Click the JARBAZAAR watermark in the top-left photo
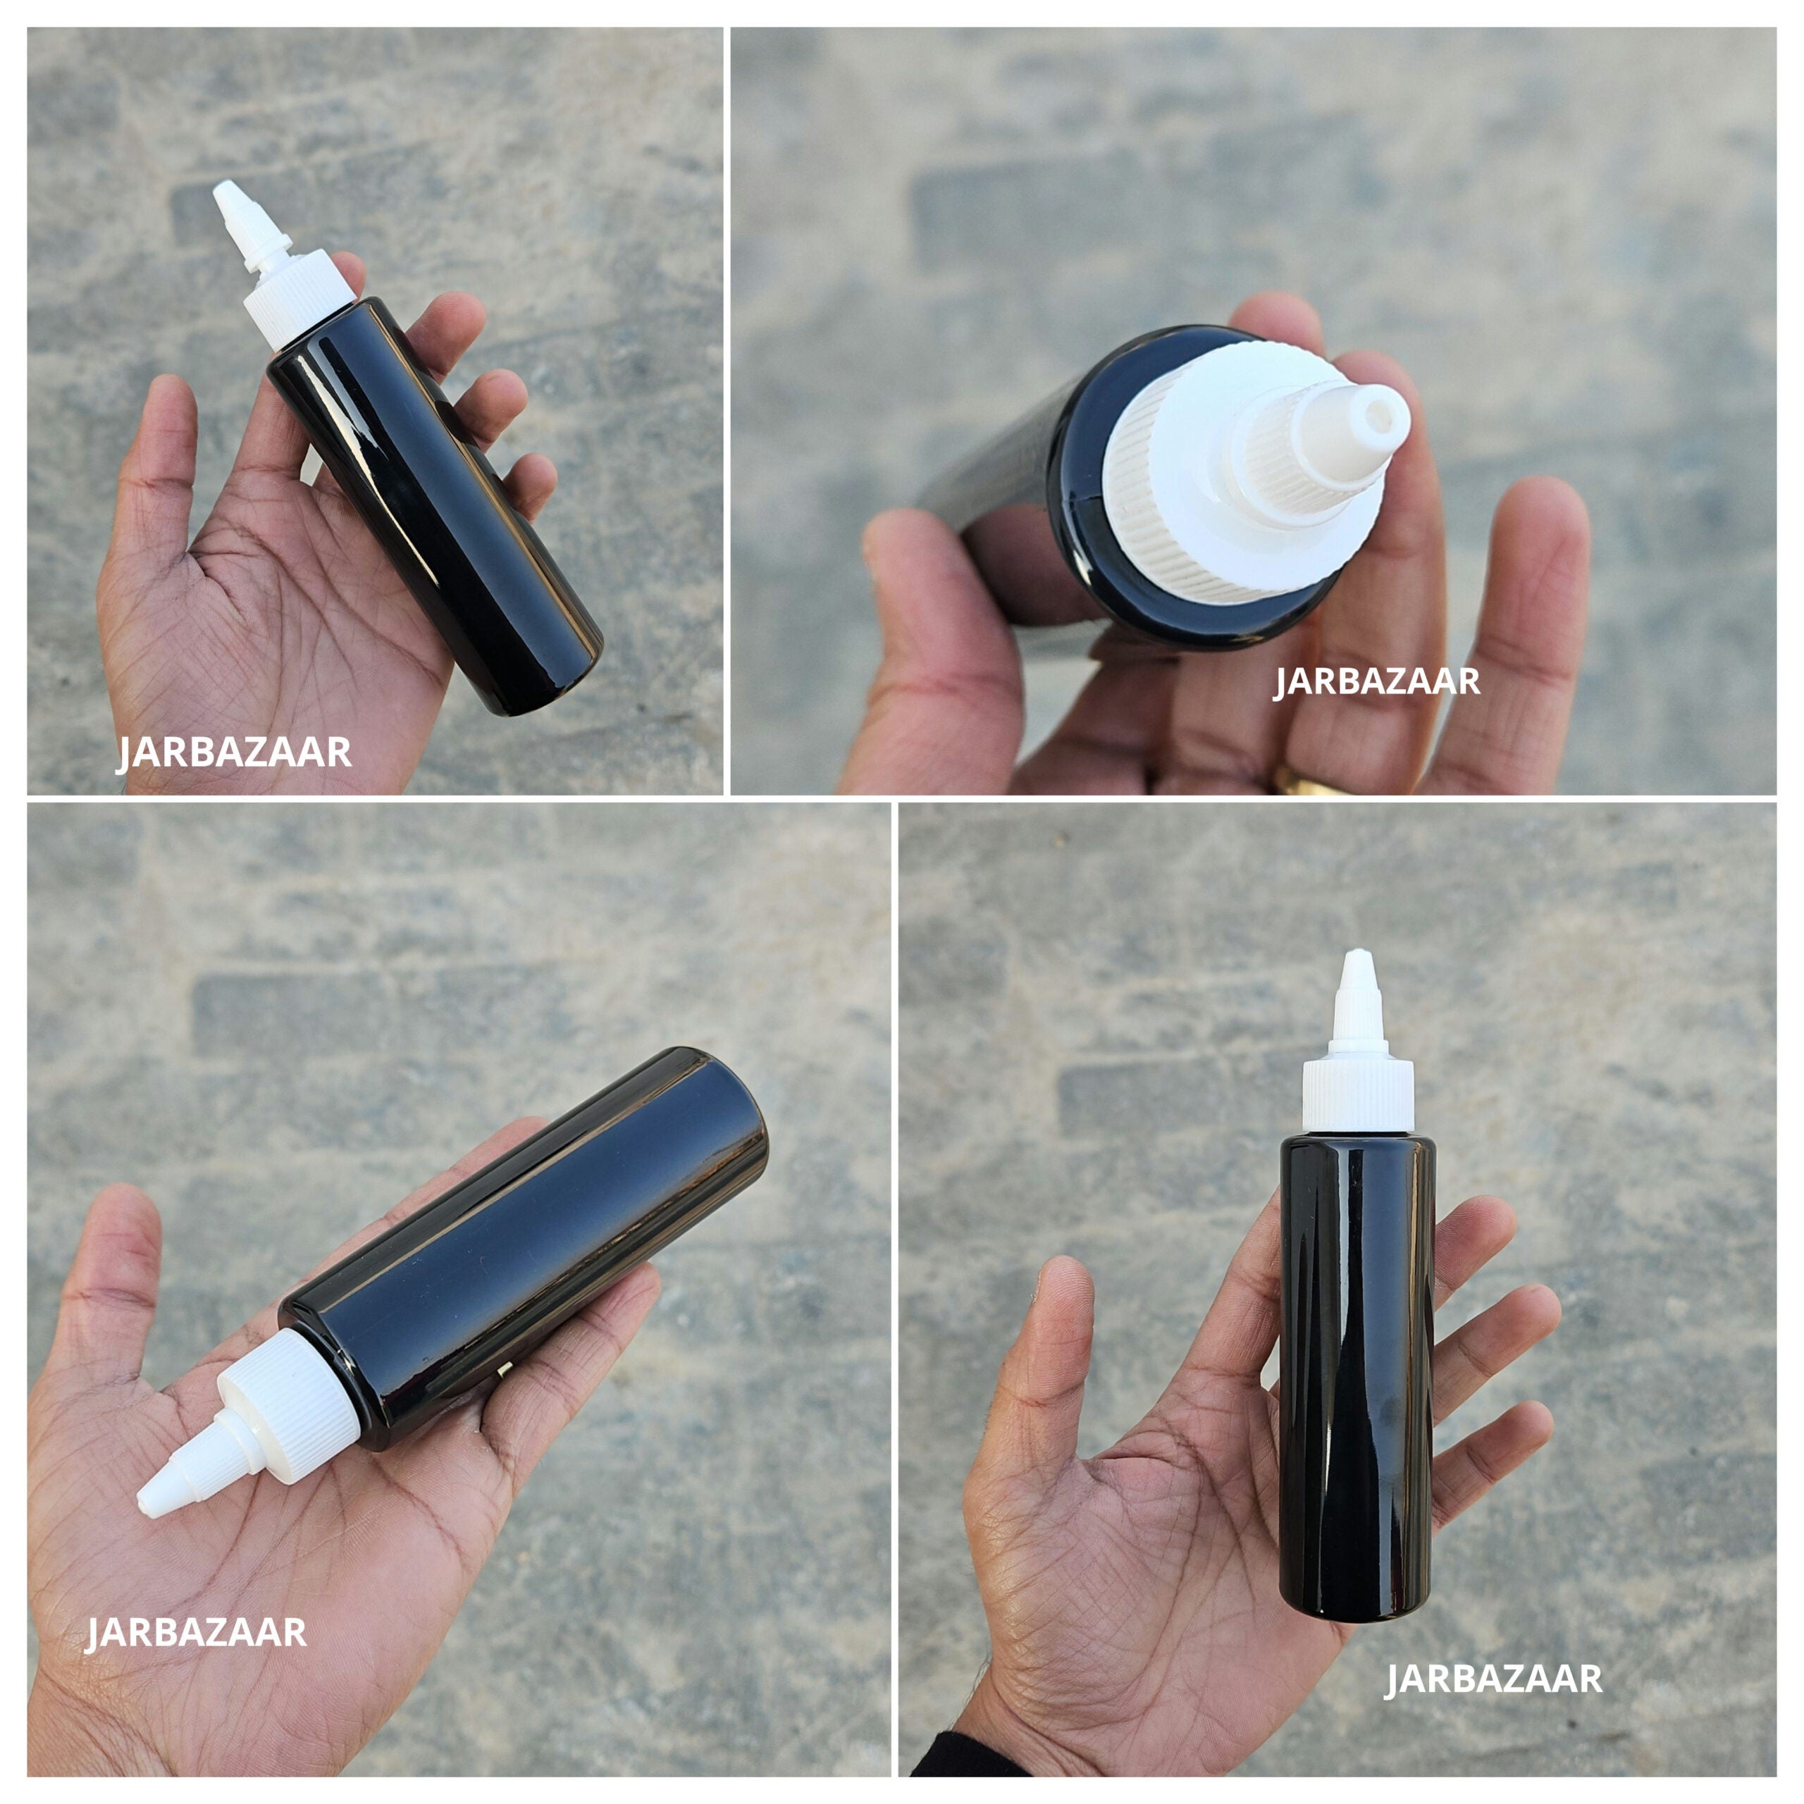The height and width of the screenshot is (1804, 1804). (x=233, y=753)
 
